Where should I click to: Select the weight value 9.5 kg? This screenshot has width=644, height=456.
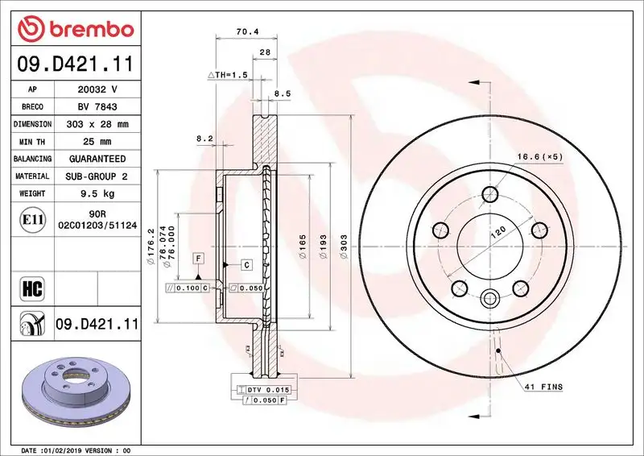click(x=97, y=193)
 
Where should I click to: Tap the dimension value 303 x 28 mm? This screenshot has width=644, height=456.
click(x=97, y=124)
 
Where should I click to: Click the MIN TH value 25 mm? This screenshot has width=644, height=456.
click(x=97, y=142)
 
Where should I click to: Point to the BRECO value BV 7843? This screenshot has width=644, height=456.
click(x=97, y=106)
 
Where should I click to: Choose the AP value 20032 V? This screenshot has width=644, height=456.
click(x=97, y=89)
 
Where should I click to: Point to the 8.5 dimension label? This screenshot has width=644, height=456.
click(x=283, y=93)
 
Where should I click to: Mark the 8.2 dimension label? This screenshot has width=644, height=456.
click(x=204, y=139)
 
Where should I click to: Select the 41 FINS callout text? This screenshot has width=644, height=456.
click(x=546, y=388)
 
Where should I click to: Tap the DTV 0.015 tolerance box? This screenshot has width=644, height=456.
click(x=262, y=389)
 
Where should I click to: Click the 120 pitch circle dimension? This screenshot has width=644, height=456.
click(x=498, y=231)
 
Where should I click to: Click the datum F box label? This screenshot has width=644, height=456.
click(x=196, y=258)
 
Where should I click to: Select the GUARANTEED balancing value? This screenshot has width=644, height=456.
click(x=97, y=159)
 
